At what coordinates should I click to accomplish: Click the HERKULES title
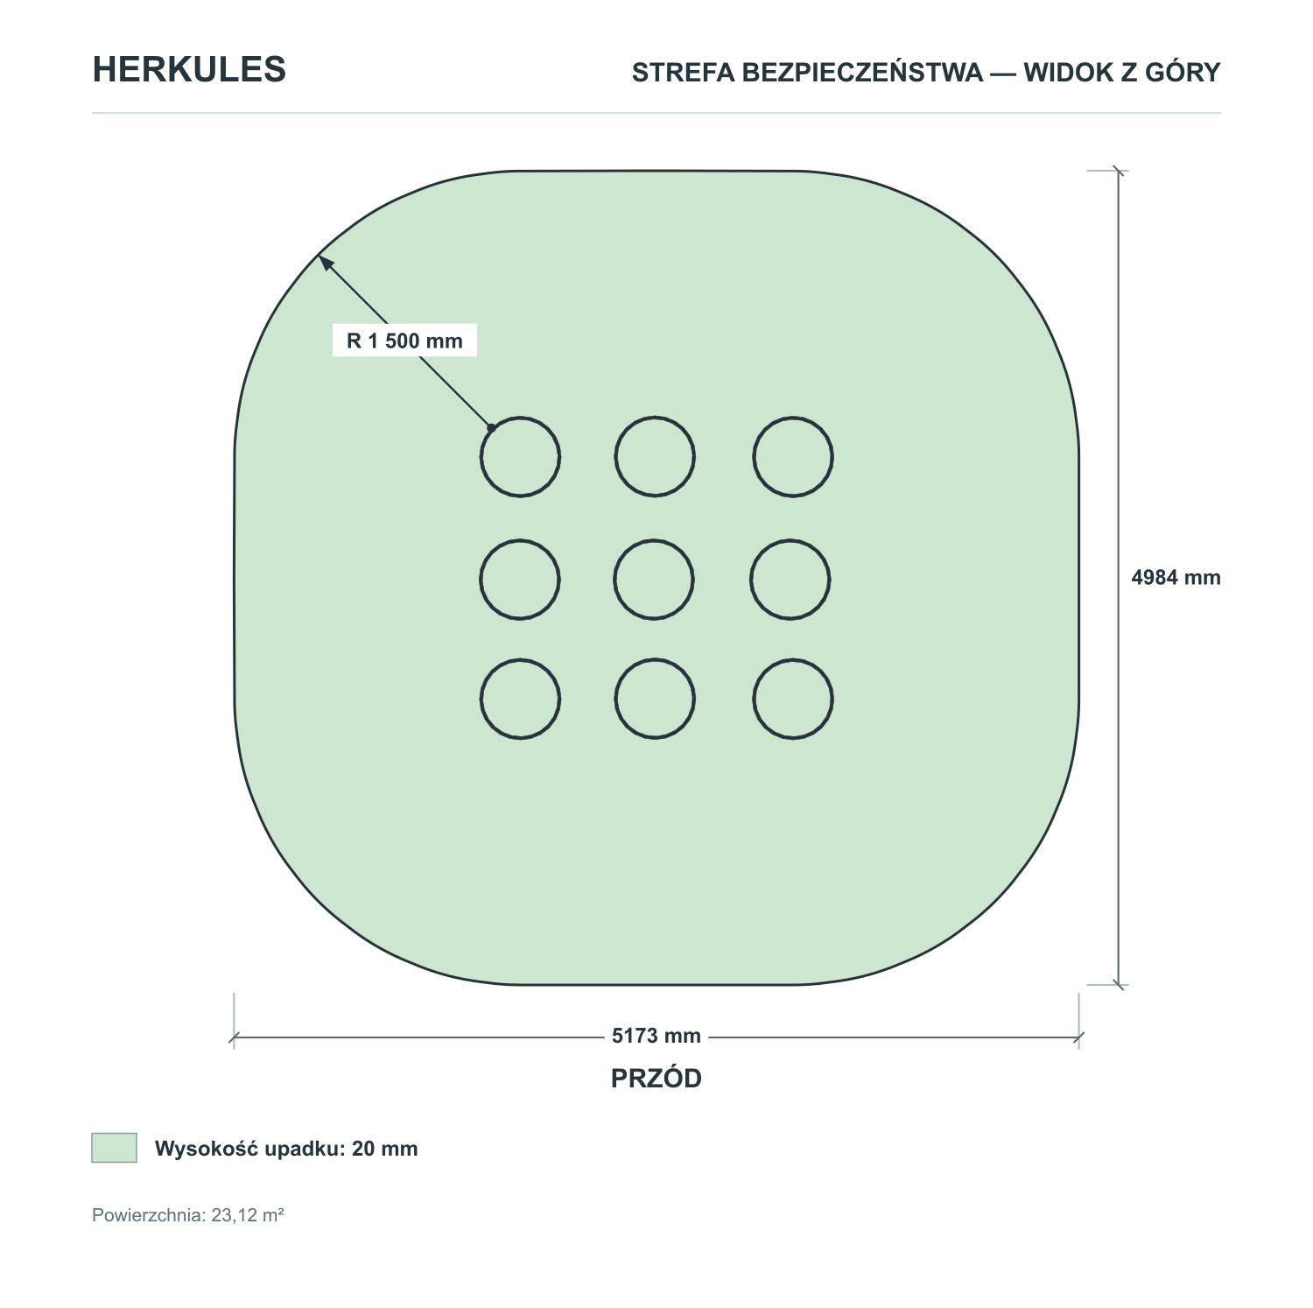(189, 70)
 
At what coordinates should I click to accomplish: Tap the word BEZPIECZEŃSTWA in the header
(862, 72)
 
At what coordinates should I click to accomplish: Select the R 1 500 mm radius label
(404, 341)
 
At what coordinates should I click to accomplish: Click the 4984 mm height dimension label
(1176, 577)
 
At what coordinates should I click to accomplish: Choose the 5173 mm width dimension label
(656, 1036)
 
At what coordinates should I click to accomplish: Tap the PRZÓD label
(656, 1079)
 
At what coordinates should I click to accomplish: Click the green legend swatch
(114, 1148)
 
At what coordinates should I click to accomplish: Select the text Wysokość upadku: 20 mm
(286, 1149)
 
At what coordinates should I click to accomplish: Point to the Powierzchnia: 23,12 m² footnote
(188, 1215)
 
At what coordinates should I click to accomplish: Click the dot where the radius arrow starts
(492, 428)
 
